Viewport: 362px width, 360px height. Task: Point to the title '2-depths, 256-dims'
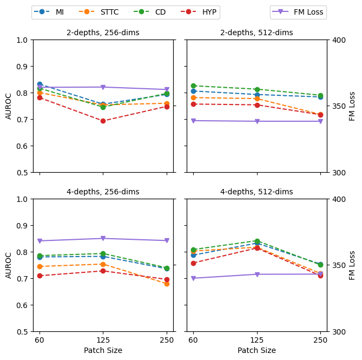pos(103,32)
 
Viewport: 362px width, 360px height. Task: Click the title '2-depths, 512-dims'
pos(256,32)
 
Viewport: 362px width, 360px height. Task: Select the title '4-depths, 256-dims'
pos(103,192)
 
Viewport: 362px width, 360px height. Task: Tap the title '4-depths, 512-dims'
pos(256,192)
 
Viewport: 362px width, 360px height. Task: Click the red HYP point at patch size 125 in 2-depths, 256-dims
pos(103,121)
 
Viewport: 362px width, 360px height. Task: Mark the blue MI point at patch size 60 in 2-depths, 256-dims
pos(40,84)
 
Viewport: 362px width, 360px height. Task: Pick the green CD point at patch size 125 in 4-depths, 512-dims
pos(257,241)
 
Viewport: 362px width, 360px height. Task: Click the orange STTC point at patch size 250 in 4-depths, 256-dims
pos(167,284)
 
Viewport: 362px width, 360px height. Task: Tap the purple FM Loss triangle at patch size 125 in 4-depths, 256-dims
pos(103,238)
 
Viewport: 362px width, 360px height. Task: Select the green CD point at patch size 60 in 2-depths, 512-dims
pos(193,86)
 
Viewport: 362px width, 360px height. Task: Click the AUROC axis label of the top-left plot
pos(9,106)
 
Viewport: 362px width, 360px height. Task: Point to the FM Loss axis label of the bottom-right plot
pos(352,265)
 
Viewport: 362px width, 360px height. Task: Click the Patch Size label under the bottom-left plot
pos(103,350)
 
